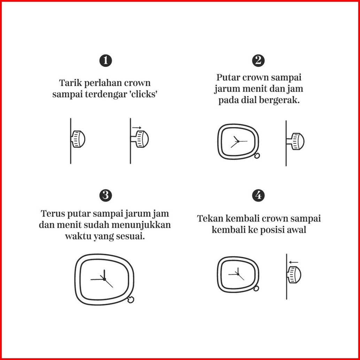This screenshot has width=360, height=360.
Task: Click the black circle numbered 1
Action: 105,61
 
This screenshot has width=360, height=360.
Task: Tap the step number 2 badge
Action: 258,61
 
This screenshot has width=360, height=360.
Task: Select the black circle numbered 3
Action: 105,196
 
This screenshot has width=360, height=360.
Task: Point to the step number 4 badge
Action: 258,196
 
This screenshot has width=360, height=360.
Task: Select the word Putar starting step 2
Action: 228,77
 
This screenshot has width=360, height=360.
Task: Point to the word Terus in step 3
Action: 53,213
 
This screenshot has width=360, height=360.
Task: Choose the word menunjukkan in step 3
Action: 141,225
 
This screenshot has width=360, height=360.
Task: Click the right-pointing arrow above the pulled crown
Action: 137,128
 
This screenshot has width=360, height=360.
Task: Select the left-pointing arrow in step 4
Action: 294,262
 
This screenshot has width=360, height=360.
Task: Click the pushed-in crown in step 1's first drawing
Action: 78,139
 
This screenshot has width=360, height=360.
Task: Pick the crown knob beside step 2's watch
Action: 296,141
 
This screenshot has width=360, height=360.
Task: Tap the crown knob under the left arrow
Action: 294,275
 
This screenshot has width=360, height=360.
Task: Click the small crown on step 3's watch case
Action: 131,300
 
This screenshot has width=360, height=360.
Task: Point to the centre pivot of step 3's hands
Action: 104,279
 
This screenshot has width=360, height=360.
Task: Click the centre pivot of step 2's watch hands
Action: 238,141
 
